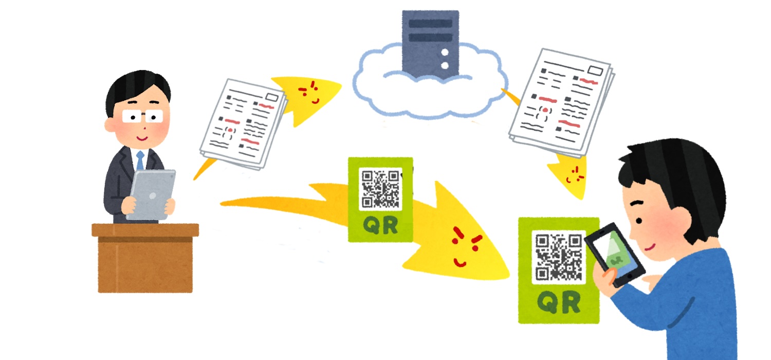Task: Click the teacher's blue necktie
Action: click(140, 160)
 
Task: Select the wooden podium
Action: click(145, 258)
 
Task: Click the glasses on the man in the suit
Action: click(142, 116)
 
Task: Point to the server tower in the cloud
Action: click(430, 44)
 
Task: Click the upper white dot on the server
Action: click(445, 52)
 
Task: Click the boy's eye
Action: click(639, 221)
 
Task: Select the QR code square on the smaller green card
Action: click(380, 189)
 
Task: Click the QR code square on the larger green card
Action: click(558, 257)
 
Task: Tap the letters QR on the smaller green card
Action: click(381, 226)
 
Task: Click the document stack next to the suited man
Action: click(243, 124)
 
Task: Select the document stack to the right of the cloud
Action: click(561, 102)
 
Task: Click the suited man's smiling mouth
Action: click(142, 138)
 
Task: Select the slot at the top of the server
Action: click(430, 24)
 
